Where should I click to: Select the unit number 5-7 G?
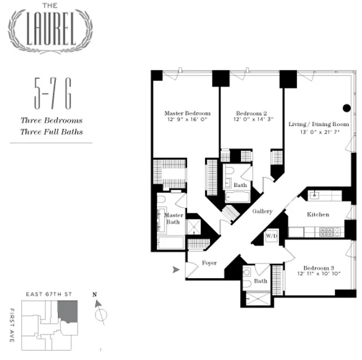(52, 94)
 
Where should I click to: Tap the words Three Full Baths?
(51, 132)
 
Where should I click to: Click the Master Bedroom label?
(187, 113)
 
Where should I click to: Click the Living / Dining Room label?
(319, 124)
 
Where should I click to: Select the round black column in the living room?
(346, 108)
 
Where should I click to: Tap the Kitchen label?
(318, 215)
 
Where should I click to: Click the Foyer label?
(209, 263)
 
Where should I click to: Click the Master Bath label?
(173, 218)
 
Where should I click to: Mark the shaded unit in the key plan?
(69, 311)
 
